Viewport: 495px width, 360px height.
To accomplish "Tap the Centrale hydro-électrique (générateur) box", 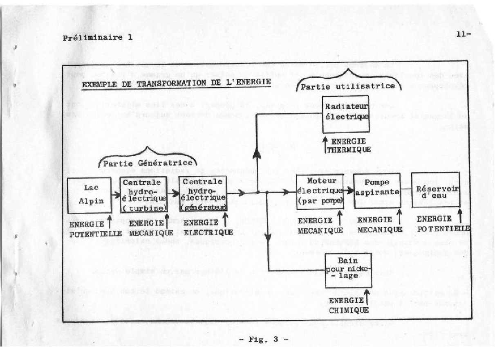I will click(x=203, y=195).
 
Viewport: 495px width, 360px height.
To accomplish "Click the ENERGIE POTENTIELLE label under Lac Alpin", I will click(x=96, y=229).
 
